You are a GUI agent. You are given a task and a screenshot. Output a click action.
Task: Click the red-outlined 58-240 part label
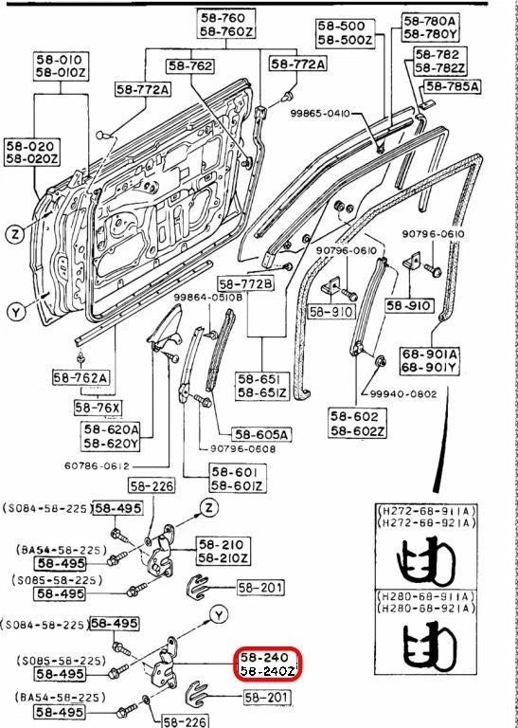pyautogui.click(x=268, y=664)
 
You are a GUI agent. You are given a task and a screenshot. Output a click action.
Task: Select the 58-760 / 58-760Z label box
pyautogui.click(x=225, y=25)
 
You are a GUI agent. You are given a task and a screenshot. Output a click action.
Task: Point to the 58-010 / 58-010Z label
pyautogui.click(x=61, y=66)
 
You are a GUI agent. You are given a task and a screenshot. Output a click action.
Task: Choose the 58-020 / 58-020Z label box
pyautogui.click(x=32, y=152)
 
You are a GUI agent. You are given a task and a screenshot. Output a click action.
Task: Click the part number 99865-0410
pyautogui.click(x=320, y=113)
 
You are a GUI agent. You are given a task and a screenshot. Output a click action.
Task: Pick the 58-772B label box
pyautogui.click(x=246, y=284)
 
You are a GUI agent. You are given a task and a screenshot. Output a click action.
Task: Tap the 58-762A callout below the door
pyautogui.click(x=80, y=377)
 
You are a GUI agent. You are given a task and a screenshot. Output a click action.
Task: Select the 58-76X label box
pyautogui.click(x=98, y=408)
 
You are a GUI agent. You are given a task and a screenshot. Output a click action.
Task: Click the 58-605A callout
pyautogui.click(x=262, y=434)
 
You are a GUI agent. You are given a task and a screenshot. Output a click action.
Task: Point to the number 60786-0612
pyautogui.click(x=97, y=466)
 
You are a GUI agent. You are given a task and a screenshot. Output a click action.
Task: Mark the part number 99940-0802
pyautogui.click(x=403, y=394)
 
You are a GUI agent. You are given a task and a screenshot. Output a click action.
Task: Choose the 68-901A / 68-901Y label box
pyautogui.click(x=430, y=362)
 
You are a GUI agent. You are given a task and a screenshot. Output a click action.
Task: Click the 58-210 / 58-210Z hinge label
pyautogui.click(x=223, y=551)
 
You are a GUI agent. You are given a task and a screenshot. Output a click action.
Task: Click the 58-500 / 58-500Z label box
pyautogui.click(x=345, y=32)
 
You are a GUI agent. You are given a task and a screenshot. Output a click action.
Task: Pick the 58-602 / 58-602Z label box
pyautogui.click(x=357, y=423)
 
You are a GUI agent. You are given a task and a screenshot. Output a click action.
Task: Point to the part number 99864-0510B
pyautogui.click(x=207, y=298)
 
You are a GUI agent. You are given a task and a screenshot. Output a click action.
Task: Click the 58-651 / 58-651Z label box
pyautogui.click(x=262, y=386)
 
